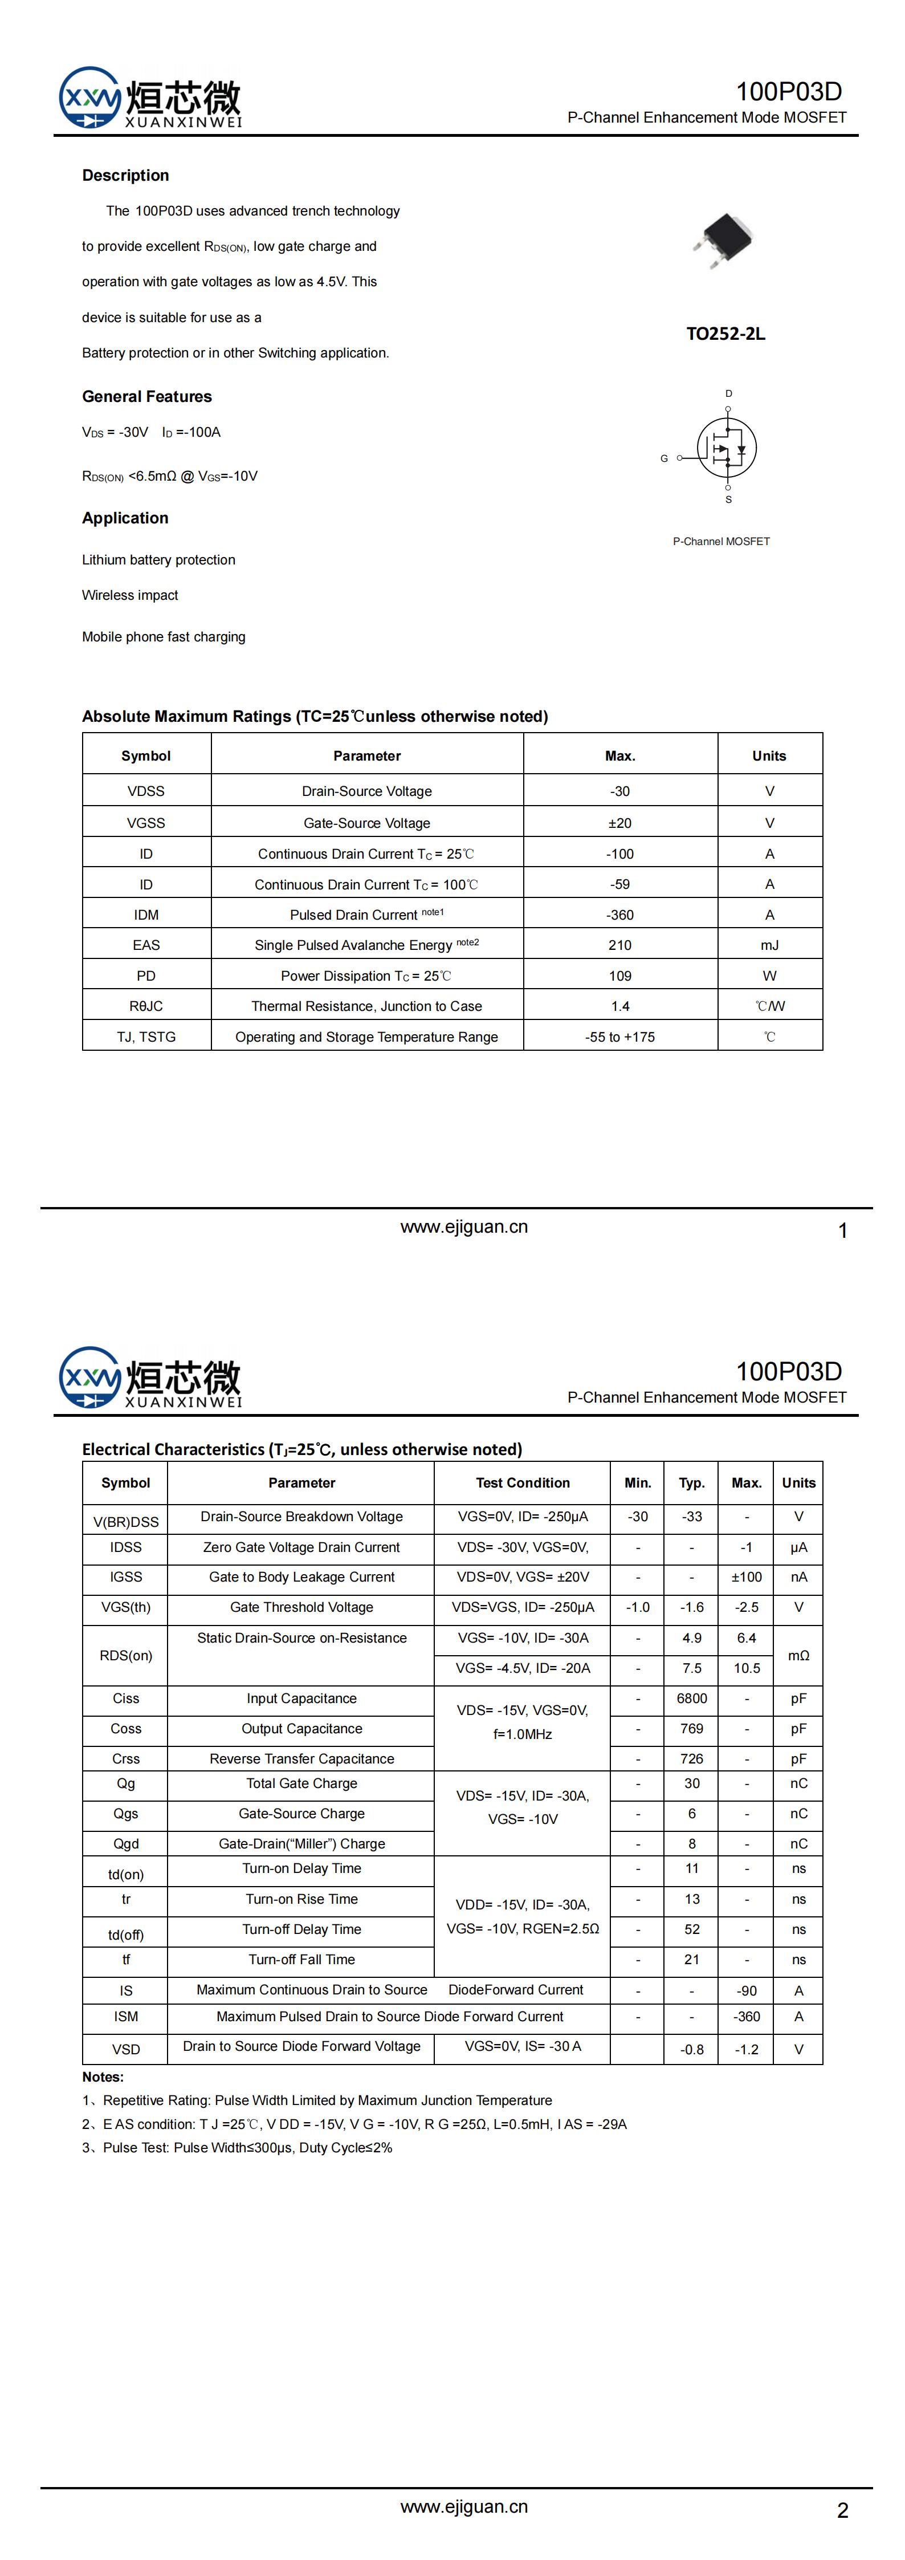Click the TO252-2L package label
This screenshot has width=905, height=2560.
725,334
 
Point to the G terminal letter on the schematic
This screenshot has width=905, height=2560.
663,458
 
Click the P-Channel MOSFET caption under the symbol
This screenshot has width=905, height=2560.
721,542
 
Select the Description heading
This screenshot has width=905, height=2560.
125,176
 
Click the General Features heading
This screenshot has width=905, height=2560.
147,396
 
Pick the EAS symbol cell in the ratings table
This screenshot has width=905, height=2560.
146,945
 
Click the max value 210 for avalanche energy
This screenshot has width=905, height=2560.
620,945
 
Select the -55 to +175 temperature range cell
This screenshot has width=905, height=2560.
620,1037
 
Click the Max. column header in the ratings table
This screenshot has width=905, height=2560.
620,756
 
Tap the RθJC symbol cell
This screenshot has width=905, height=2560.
146,1006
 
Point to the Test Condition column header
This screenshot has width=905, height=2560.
523,1483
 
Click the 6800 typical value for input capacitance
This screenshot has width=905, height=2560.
691,1698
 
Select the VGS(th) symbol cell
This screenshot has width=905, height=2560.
126,1607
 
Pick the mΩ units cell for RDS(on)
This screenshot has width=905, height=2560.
798,1656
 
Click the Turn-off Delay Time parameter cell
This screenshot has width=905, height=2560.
302,1929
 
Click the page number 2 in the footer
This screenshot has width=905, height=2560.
842,2510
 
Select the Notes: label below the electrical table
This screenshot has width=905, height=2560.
103,2077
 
